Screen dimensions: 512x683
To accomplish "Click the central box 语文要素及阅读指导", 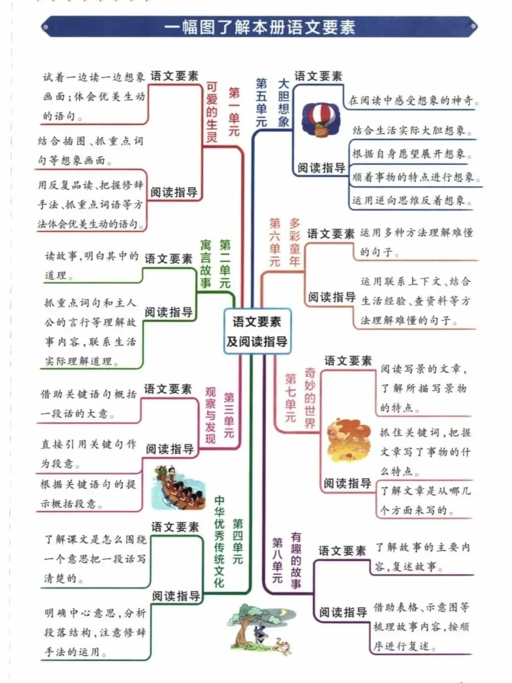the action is (257, 332).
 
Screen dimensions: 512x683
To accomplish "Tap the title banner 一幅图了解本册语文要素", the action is (259, 27).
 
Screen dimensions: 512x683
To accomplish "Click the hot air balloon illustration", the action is (321, 120).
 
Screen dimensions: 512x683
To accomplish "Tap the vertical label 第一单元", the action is (234, 112).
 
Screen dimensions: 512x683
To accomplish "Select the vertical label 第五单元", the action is (261, 103).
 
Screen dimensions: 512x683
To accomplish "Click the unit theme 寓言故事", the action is (205, 264).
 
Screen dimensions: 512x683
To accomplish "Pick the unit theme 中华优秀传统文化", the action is (219, 541).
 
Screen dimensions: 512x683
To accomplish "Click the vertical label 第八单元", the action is (278, 560).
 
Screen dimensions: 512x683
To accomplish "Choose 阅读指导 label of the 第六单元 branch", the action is (332, 297).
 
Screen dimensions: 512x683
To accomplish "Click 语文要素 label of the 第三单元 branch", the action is (168, 389).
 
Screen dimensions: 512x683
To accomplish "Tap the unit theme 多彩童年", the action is (295, 242).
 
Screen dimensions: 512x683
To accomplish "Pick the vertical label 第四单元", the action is (238, 541).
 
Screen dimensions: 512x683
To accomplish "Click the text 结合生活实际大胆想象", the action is (412, 130).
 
